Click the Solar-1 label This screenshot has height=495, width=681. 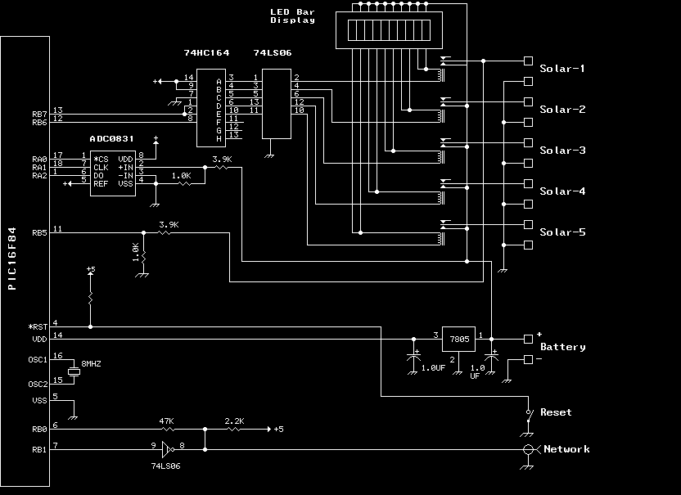pos(561,69)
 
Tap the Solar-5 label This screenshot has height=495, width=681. pos(561,232)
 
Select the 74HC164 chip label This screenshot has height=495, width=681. pos(206,53)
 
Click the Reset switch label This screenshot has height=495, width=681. pos(556,412)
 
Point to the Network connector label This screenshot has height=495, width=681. pos(566,449)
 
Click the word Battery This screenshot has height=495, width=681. pos(563,347)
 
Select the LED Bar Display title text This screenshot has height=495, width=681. pos(292,16)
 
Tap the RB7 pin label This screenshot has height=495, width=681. pos(39,112)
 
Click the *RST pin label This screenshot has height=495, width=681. pos(38,325)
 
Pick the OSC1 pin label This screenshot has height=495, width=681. pos(39,358)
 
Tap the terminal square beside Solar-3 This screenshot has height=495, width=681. pos(527,142)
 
